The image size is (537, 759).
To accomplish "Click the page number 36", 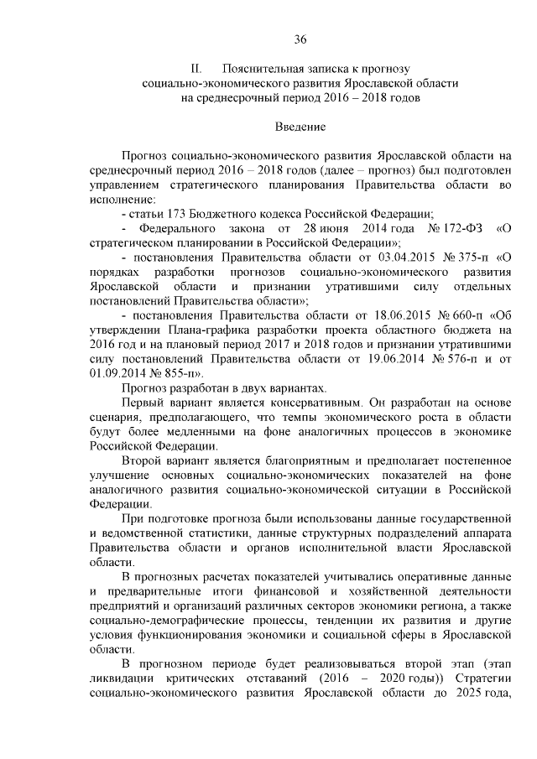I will click(x=300, y=39).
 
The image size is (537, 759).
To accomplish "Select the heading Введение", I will click(x=300, y=127).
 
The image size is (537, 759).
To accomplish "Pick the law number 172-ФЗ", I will click(x=460, y=228).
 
